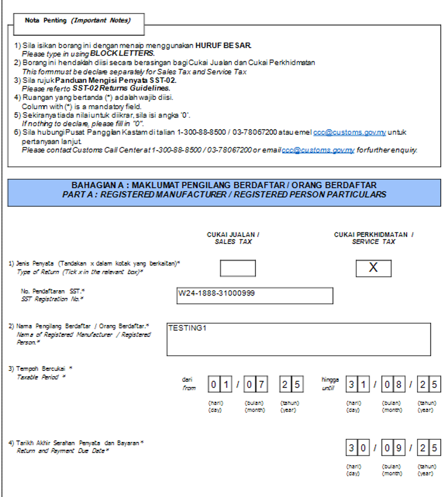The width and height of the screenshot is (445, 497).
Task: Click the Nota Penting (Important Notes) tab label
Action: (77, 20)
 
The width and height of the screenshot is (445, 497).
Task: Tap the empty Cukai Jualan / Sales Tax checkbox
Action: (238, 268)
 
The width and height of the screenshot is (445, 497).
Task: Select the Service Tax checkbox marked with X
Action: (373, 268)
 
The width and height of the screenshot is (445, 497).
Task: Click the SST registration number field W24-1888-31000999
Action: (255, 296)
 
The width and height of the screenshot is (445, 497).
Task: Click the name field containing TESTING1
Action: (298, 339)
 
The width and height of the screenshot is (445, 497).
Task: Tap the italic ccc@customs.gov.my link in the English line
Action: (318, 150)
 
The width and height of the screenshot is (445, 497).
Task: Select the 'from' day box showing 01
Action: (219, 384)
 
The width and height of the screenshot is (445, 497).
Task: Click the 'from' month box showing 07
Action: (255, 384)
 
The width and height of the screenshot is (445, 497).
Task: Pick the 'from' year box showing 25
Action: (291, 384)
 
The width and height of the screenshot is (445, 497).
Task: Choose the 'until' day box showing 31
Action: (357, 384)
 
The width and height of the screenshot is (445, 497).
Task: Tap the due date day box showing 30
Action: (357, 449)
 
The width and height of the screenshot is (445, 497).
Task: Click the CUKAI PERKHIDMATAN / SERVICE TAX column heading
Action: (373, 238)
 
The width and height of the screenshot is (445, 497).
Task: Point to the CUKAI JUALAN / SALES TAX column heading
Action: (233, 238)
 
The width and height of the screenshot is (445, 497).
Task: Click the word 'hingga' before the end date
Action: (330, 379)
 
